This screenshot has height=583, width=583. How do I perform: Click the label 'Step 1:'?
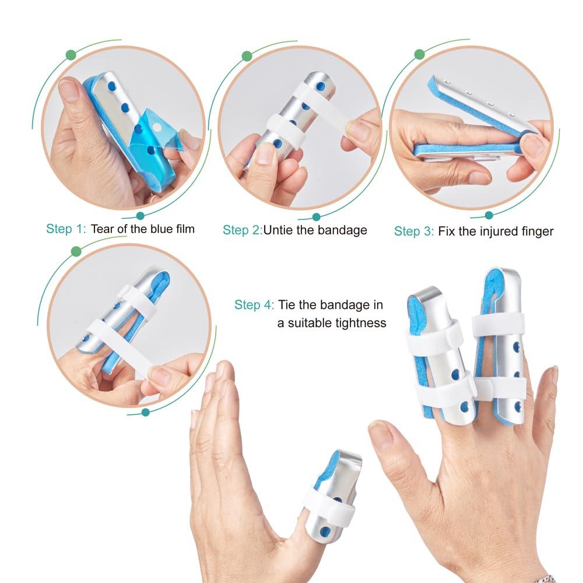[66, 229]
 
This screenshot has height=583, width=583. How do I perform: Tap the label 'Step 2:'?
[242, 230]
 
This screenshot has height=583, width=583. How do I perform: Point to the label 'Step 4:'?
[253, 304]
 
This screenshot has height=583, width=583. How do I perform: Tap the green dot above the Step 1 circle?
[71, 55]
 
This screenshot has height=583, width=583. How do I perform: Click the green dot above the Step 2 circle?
[247, 56]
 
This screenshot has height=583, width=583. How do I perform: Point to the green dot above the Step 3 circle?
[419, 54]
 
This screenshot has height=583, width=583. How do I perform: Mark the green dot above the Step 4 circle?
[76, 251]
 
